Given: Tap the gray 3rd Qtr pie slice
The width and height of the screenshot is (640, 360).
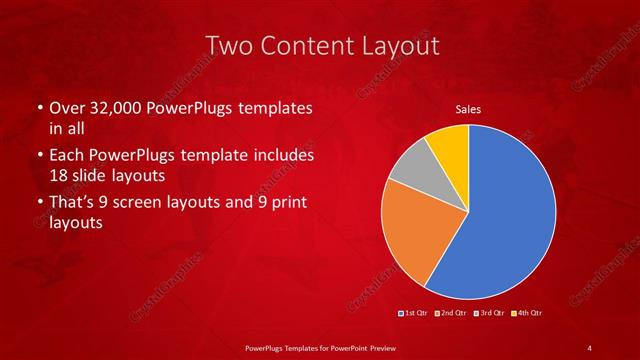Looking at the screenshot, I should (x=412, y=180).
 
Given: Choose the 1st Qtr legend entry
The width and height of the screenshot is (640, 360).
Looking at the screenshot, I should (x=413, y=313).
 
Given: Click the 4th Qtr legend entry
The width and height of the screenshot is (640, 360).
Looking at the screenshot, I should (x=529, y=313).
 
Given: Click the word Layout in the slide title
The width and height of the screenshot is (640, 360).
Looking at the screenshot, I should (x=389, y=46).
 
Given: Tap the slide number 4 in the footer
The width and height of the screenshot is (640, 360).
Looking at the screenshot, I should (x=589, y=346).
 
